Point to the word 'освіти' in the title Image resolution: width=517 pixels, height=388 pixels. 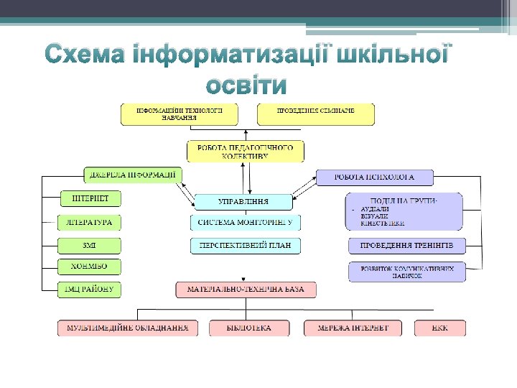[x=246, y=86]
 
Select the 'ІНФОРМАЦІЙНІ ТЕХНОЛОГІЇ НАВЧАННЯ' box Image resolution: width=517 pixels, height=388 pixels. [x=180, y=114]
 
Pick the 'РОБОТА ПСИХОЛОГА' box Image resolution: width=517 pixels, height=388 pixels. [x=375, y=177]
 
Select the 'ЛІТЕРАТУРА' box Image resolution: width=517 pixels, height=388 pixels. [x=90, y=223]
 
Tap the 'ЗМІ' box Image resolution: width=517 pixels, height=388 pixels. [x=90, y=245]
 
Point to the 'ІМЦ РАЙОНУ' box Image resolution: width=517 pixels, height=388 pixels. [x=90, y=289]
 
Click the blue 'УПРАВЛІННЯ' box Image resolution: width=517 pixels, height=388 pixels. [x=244, y=202]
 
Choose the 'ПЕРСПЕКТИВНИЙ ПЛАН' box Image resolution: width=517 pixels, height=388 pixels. [x=246, y=246]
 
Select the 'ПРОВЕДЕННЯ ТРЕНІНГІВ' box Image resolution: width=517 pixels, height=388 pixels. [x=406, y=246]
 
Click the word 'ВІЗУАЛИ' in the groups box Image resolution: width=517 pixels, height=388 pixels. [x=375, y=216]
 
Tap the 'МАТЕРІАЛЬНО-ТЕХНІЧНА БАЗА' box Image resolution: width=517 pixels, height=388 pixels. [x=246, y=290]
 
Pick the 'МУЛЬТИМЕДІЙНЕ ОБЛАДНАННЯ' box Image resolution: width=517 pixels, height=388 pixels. [x=128, y=328]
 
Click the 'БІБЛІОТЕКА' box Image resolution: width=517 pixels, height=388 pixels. [x=249, y=328]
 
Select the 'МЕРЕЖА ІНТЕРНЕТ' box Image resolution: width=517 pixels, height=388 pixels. [x=353, y=328]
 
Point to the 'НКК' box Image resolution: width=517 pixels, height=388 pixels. [x=440, y=328]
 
